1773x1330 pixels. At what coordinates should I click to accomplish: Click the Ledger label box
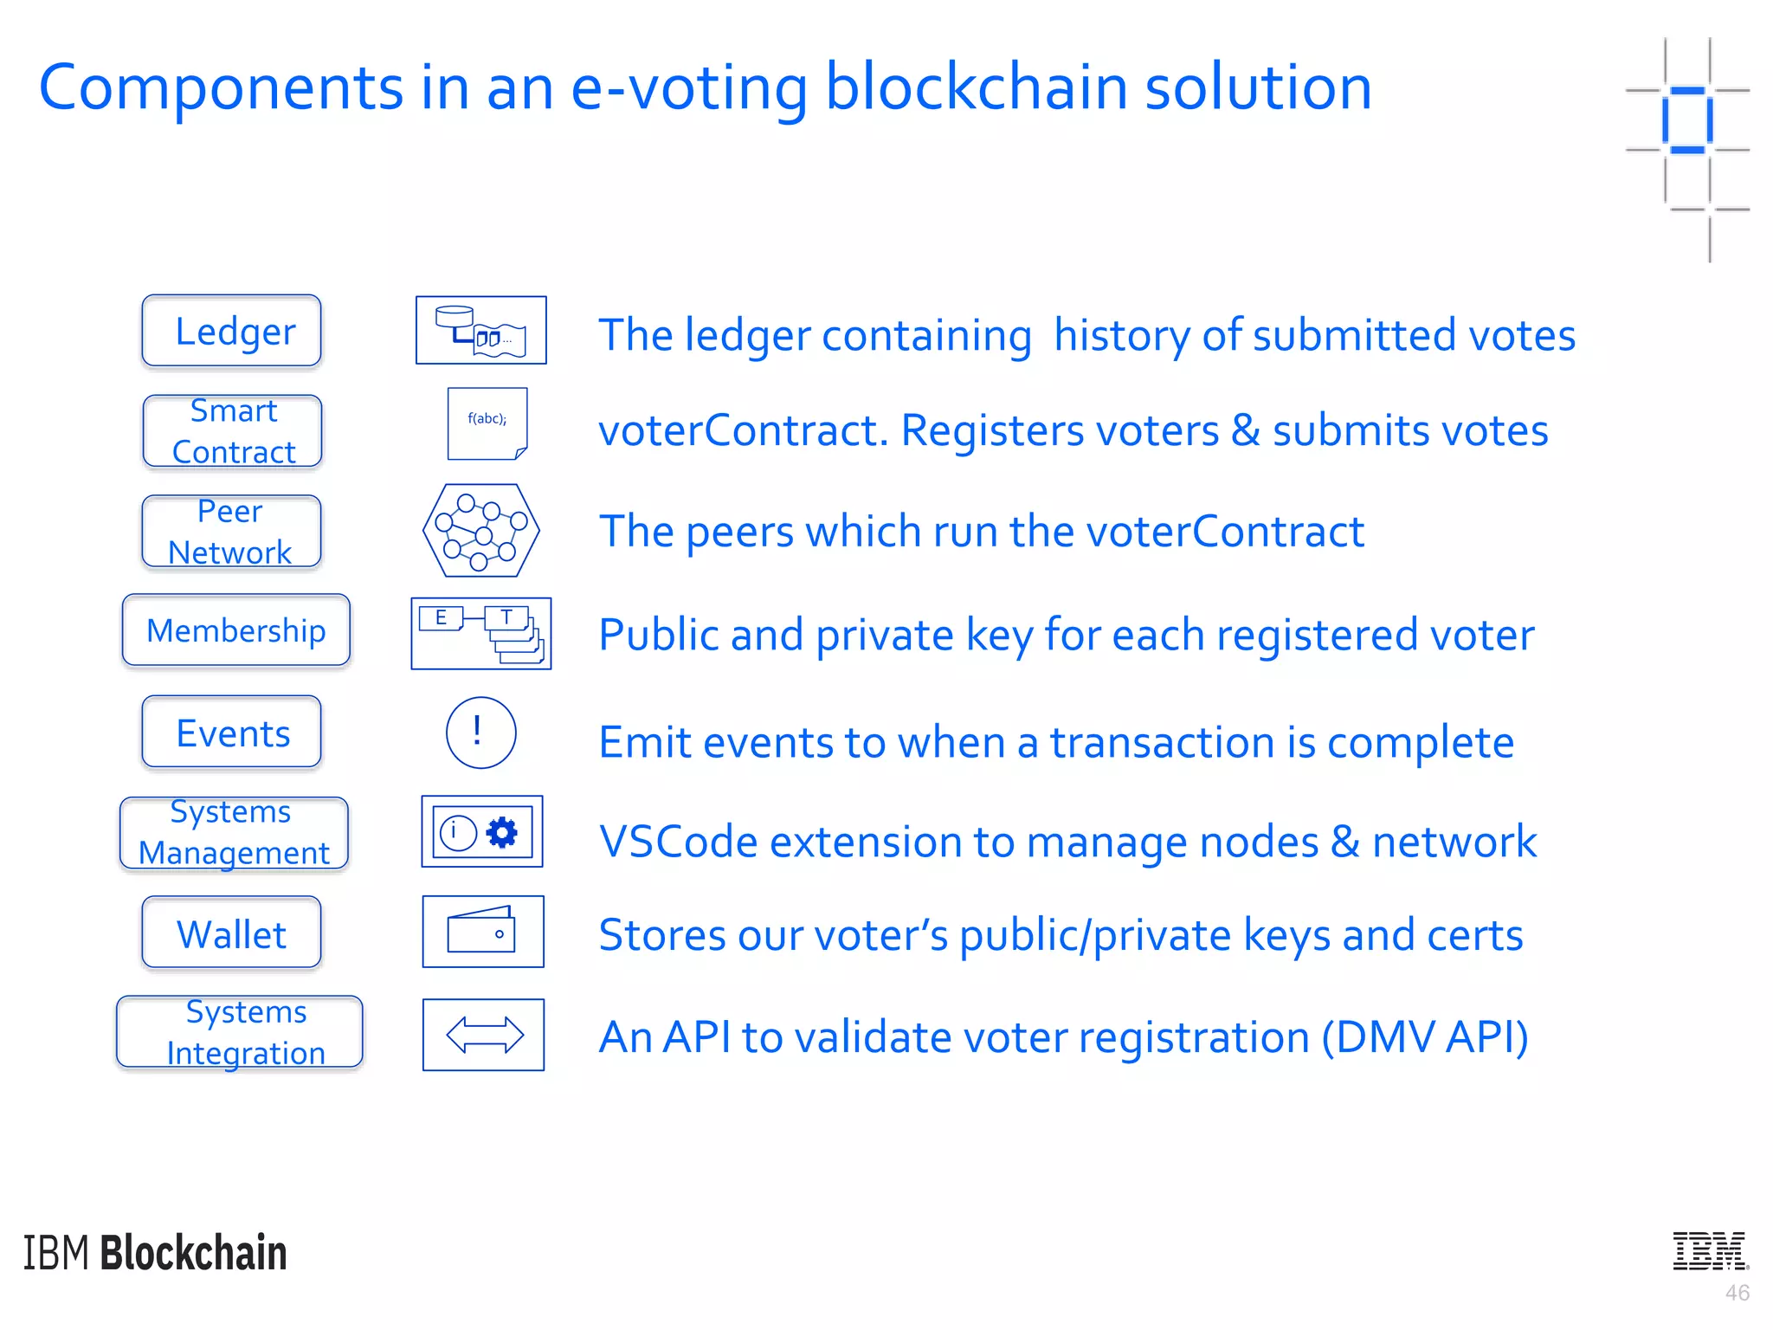pos(231,331)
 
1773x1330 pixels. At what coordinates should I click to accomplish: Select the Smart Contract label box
pos(232,431)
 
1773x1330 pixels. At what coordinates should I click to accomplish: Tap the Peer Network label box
pos(231,532)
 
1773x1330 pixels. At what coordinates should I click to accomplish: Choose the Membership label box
pos(235,630)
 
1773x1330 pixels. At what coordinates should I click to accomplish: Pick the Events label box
pos(231,733)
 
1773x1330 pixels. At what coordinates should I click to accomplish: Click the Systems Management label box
pos(234,832)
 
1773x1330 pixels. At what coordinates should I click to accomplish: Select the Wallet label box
pos(231,933)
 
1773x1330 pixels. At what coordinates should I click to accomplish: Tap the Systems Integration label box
pos(240,1032)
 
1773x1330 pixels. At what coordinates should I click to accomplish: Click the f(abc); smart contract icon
pos(487,423)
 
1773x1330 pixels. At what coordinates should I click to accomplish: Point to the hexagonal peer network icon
pos(481,531)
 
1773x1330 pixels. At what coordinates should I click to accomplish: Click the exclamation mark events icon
pos(480,733)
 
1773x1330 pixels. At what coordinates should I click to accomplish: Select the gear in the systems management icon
pos(502,832)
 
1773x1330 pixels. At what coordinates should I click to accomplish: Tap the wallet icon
pos(482,932)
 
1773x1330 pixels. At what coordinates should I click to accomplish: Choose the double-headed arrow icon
pos(483,1035)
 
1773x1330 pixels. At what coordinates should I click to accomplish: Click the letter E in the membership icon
pos(442,618)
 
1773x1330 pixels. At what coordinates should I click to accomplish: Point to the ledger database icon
pos(481,330)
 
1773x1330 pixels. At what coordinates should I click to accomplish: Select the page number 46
pos(1737,1293)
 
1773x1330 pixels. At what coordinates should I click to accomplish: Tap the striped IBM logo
pos(1710,1250)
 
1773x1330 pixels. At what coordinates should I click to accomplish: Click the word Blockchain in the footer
pos(193,1253)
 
